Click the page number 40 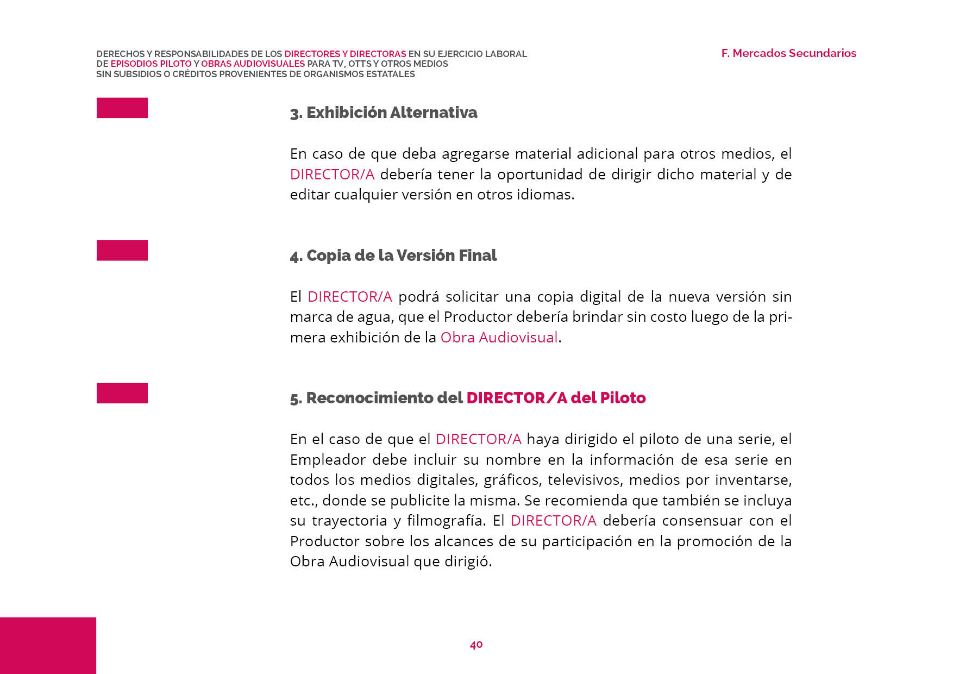476,645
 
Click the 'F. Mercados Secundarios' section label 788,53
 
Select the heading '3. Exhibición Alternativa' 384,113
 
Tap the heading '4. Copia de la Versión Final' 393,255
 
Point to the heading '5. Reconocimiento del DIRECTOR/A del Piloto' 468,398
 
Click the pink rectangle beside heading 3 122,108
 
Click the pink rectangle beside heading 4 122,251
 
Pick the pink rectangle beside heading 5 122,393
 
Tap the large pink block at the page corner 48,645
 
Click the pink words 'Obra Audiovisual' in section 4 499,338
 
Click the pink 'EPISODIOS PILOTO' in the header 151,64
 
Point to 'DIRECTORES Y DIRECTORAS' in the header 345,54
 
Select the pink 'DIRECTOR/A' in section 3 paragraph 332,174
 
